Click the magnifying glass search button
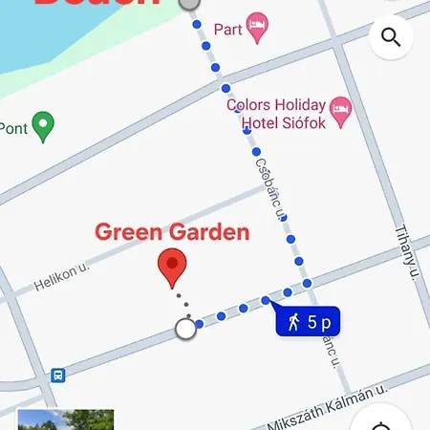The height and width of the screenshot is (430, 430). click(x=390, y=37)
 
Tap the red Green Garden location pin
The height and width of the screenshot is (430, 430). click(x=172, y=269)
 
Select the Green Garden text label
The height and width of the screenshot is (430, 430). click(x=172, y=232)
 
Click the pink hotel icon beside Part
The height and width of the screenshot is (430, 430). click(x=256, y=28)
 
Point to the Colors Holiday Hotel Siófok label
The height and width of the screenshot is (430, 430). click(x=276, y=114)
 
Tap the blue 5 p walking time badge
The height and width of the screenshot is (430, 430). click(x=308, y=322)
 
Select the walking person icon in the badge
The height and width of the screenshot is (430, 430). click(x=294, y=322)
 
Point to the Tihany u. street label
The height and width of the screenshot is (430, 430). click(x=407, y=254)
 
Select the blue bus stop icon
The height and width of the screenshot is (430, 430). click(x=57, y=375)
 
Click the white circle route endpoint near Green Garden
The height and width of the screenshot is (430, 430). click(x=185, y=330)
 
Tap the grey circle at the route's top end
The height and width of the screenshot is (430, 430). click(x=189, y=3)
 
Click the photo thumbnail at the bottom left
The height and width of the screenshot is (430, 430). click(x=65, y=419)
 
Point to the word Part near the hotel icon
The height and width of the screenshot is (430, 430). click(x=227, y=29)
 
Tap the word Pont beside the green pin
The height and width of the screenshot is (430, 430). click(x=13, y=127)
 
